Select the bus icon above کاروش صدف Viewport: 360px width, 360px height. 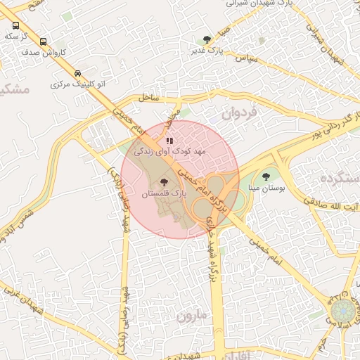click(x=44, y=42)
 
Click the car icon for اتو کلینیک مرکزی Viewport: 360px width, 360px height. click(x=77, y=74)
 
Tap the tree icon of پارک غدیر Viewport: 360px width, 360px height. click(x=206, y=40)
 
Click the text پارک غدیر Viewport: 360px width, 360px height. click(x=206, y=51)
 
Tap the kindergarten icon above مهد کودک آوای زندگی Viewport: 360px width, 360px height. click(x=169, y=141)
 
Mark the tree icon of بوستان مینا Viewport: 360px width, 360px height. click(x=265, y=176)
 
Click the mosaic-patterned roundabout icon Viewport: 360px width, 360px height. click(x=342, y=309)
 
